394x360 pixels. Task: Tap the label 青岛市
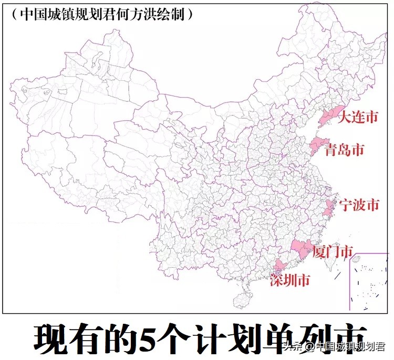(344, 150)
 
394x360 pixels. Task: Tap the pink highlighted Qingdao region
(317, 144)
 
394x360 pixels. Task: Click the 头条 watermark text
(292, 346)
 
